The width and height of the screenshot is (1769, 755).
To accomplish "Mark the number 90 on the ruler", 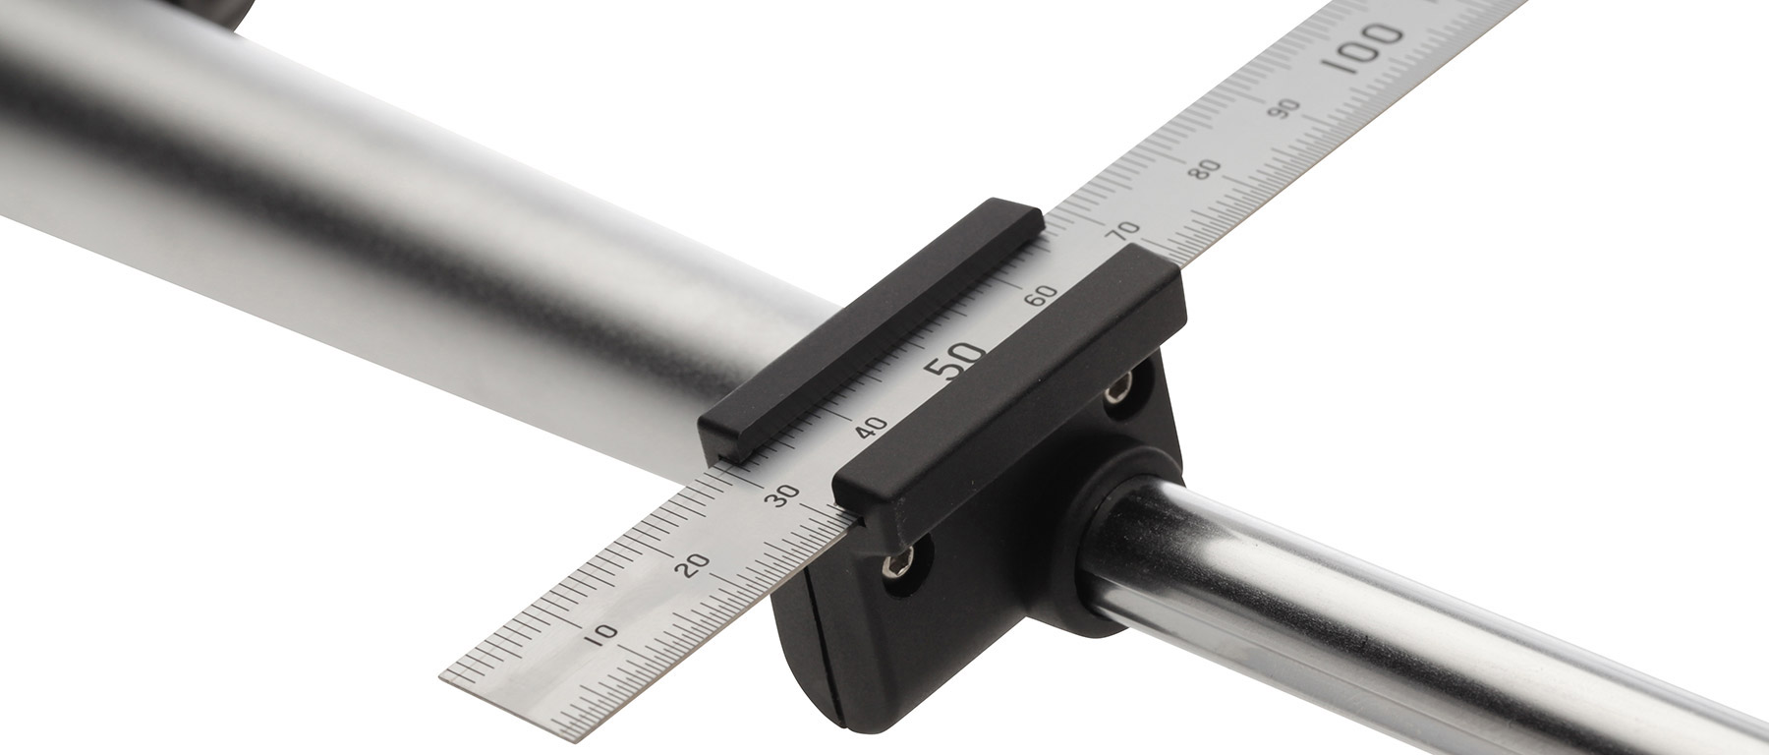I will pyautogui.click(x=1285, y=108).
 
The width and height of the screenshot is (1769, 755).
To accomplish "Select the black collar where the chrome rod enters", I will pyautogui.click(x=1111, y=551).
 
